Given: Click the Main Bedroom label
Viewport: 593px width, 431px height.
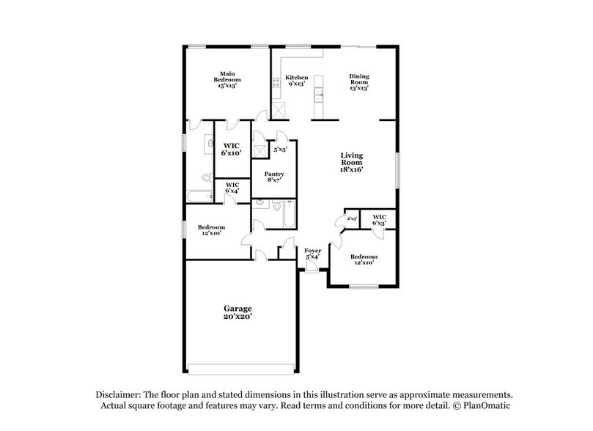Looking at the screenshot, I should click(227, 80).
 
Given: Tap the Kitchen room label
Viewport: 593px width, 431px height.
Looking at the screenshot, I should click(295, 80).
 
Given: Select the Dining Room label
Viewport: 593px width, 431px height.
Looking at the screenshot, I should click(358, 80).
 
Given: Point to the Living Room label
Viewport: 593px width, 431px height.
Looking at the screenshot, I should click(351, 162).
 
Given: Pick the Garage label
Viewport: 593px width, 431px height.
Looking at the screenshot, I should click(237, 313).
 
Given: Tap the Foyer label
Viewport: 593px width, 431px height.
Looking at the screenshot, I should click(313, 254).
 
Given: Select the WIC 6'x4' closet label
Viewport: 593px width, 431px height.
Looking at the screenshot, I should click(232, 187).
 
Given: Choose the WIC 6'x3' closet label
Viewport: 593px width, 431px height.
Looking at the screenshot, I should click(379, 220).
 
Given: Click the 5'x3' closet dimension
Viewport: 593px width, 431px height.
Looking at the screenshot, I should click(280, 150).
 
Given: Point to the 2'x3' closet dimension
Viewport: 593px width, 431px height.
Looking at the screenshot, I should click(351, 218).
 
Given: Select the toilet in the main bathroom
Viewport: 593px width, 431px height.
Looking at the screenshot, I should click(207, 178).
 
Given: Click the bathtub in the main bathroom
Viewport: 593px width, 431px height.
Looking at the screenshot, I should click(199, 195).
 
